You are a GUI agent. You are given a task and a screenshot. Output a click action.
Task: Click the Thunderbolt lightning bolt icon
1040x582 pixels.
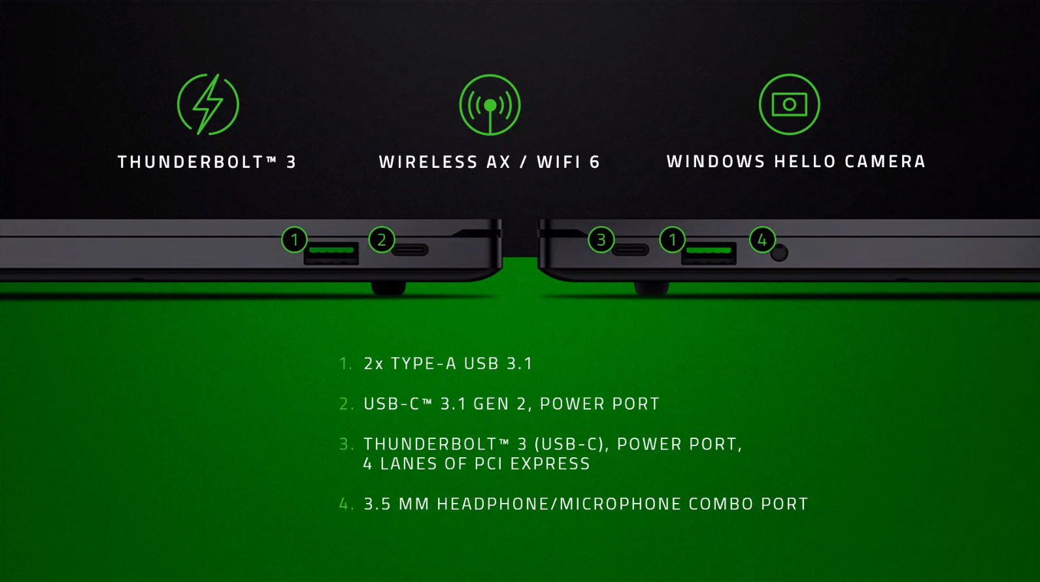208,105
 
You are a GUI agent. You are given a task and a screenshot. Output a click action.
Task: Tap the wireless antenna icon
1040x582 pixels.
490,105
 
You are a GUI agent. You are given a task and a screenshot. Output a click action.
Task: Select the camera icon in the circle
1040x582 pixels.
789,105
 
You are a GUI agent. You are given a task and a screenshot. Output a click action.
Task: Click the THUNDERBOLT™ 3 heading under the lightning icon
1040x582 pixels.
207,162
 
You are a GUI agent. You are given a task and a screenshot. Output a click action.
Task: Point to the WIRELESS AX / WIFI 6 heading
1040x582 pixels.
490,162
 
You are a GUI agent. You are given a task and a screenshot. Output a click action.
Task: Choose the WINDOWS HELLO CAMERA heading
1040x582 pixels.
796,161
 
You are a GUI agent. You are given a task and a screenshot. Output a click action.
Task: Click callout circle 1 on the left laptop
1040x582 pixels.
294,240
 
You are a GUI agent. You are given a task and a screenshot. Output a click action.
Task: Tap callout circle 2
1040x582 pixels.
382,240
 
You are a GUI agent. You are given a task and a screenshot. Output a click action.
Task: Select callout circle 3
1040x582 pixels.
601,240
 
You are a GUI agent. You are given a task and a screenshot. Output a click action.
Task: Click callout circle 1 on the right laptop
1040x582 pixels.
672,240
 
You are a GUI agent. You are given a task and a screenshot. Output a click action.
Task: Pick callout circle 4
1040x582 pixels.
762,240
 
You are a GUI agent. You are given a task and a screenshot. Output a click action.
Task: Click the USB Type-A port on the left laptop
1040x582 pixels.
331,252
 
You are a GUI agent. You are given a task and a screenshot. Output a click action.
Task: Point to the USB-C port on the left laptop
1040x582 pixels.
410,250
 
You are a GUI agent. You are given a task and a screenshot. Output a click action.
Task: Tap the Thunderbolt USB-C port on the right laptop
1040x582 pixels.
630,250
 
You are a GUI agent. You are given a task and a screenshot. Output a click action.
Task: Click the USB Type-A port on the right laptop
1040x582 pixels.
709,252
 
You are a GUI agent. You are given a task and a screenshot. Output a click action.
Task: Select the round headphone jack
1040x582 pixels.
779,253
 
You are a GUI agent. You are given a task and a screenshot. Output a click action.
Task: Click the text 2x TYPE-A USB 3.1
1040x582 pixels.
448,363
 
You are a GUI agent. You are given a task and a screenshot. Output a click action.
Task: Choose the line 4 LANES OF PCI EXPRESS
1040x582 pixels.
477,464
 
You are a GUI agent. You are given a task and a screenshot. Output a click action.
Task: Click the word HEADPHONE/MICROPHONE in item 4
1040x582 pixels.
560,504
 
